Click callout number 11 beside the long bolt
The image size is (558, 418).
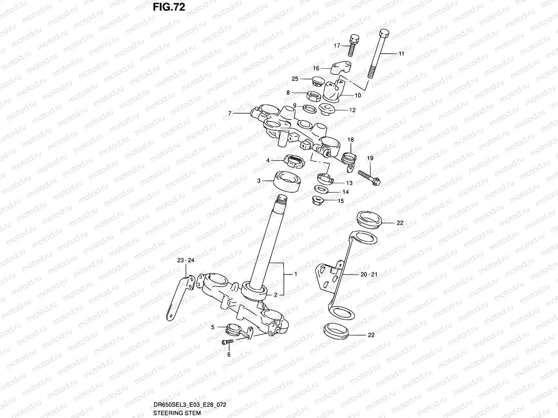[401, 54]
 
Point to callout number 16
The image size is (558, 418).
[316, 69]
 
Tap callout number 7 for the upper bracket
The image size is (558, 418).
[229, 113]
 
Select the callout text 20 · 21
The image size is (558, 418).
[369, 274]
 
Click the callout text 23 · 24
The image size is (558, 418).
[186, 260]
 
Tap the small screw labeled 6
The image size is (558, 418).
[227, 342]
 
